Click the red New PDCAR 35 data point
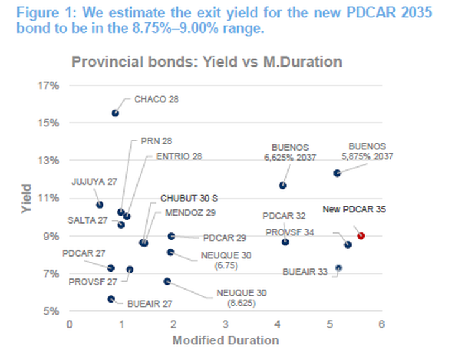(361, 235)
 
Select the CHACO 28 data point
(115, 113)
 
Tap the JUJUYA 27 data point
(100, 204)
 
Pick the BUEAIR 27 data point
(111, 299)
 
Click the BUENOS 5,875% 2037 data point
(337, 173)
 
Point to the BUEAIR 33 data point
(338, 268)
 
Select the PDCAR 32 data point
(285, 242)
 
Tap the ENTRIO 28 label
(180, 156)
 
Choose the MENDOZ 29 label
(191, 212)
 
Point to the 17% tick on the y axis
(51, 85)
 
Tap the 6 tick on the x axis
(381, 324)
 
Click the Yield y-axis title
(26, 198)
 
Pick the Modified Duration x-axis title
(225, 340)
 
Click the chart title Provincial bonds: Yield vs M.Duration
(206, 62)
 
